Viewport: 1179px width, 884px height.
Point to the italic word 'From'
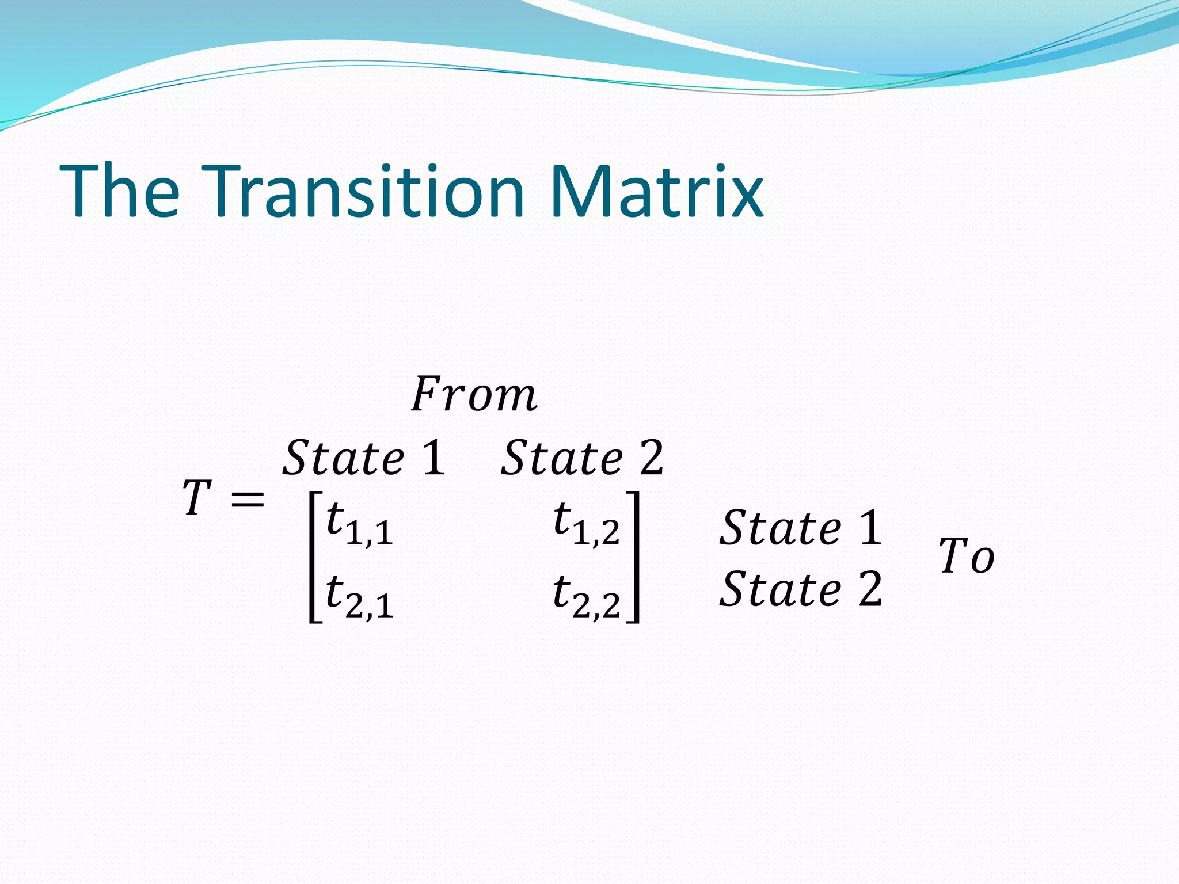(x=474, y=394)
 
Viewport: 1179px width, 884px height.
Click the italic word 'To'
(x=967, y=556)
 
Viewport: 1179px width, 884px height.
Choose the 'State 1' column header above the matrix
(x=364, y=458)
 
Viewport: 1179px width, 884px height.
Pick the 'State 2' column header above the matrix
(x=582, y=458)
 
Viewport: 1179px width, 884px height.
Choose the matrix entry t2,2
(x=586, y=596)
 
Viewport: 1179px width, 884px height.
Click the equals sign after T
(x=248, y=499)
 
